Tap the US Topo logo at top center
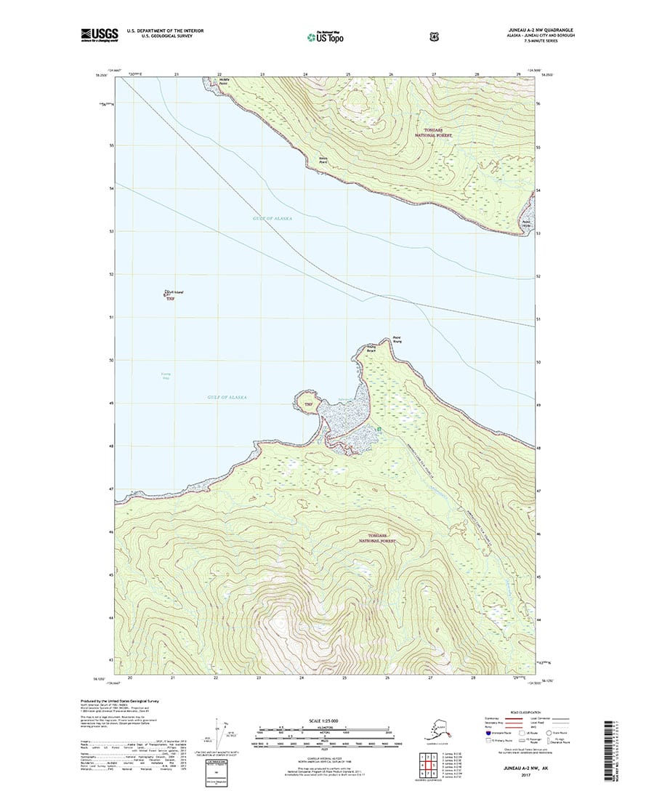pyautogui.click(x=325, y=35)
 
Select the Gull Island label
pyautogui.click(x=174, y=292)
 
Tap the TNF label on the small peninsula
pyautogui.click(x=307, y=404)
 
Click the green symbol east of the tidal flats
pyautogui.click(x=379, y=429)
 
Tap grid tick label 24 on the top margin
pyautogui.click(x=305, y=74)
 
